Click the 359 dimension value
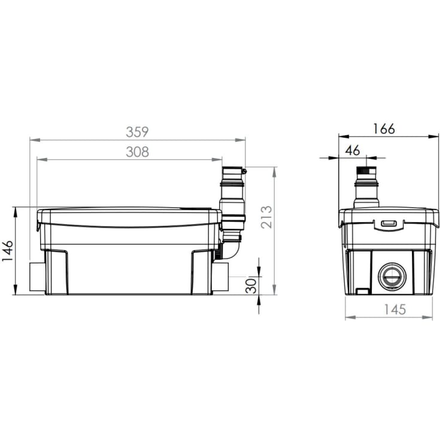pyautogui.click(x=137, y=132)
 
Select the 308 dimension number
pyautogui.click(x=137, y=152)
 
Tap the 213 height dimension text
pyautogui.click(x=266, y=217)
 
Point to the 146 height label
pyautogui.click(x=8, y=251)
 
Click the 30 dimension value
pyautogui.click(x=251, y=286)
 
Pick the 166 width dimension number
pyautogui.click(x=384, y=129)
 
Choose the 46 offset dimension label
pyautogui.click(x=353, y=150)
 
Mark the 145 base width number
pyautogui.click(x=395, y=309)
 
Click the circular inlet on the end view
pyautogui.click(x=392, y=277)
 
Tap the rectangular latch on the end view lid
pyautogui.click(x=389, y=223)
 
